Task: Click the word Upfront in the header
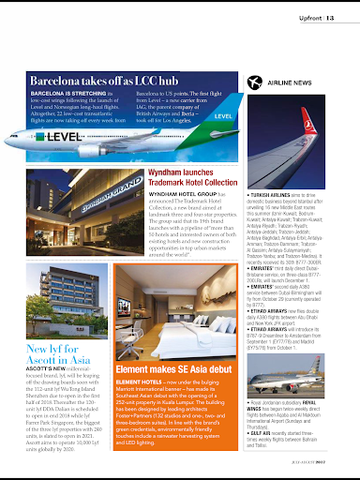point(305,14)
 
